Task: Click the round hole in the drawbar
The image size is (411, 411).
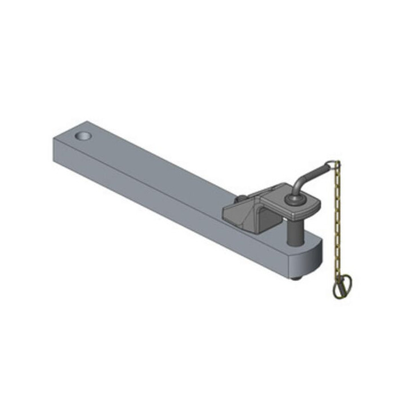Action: click(84, 138)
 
